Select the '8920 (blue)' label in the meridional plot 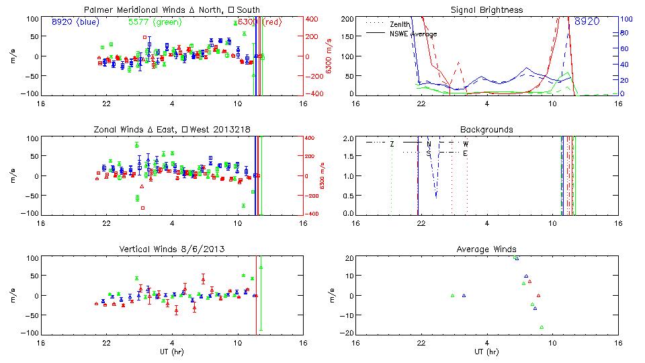pyautogui.click(x=76, y=22)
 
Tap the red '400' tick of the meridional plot pyautogui.click(x=313, y=19)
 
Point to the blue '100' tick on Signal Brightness pyautogui.click(x=624, y=19)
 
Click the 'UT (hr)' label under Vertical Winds pyautogui.click(x=172, y=352)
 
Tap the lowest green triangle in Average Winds pyautogui.click(x=541, y=327)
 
